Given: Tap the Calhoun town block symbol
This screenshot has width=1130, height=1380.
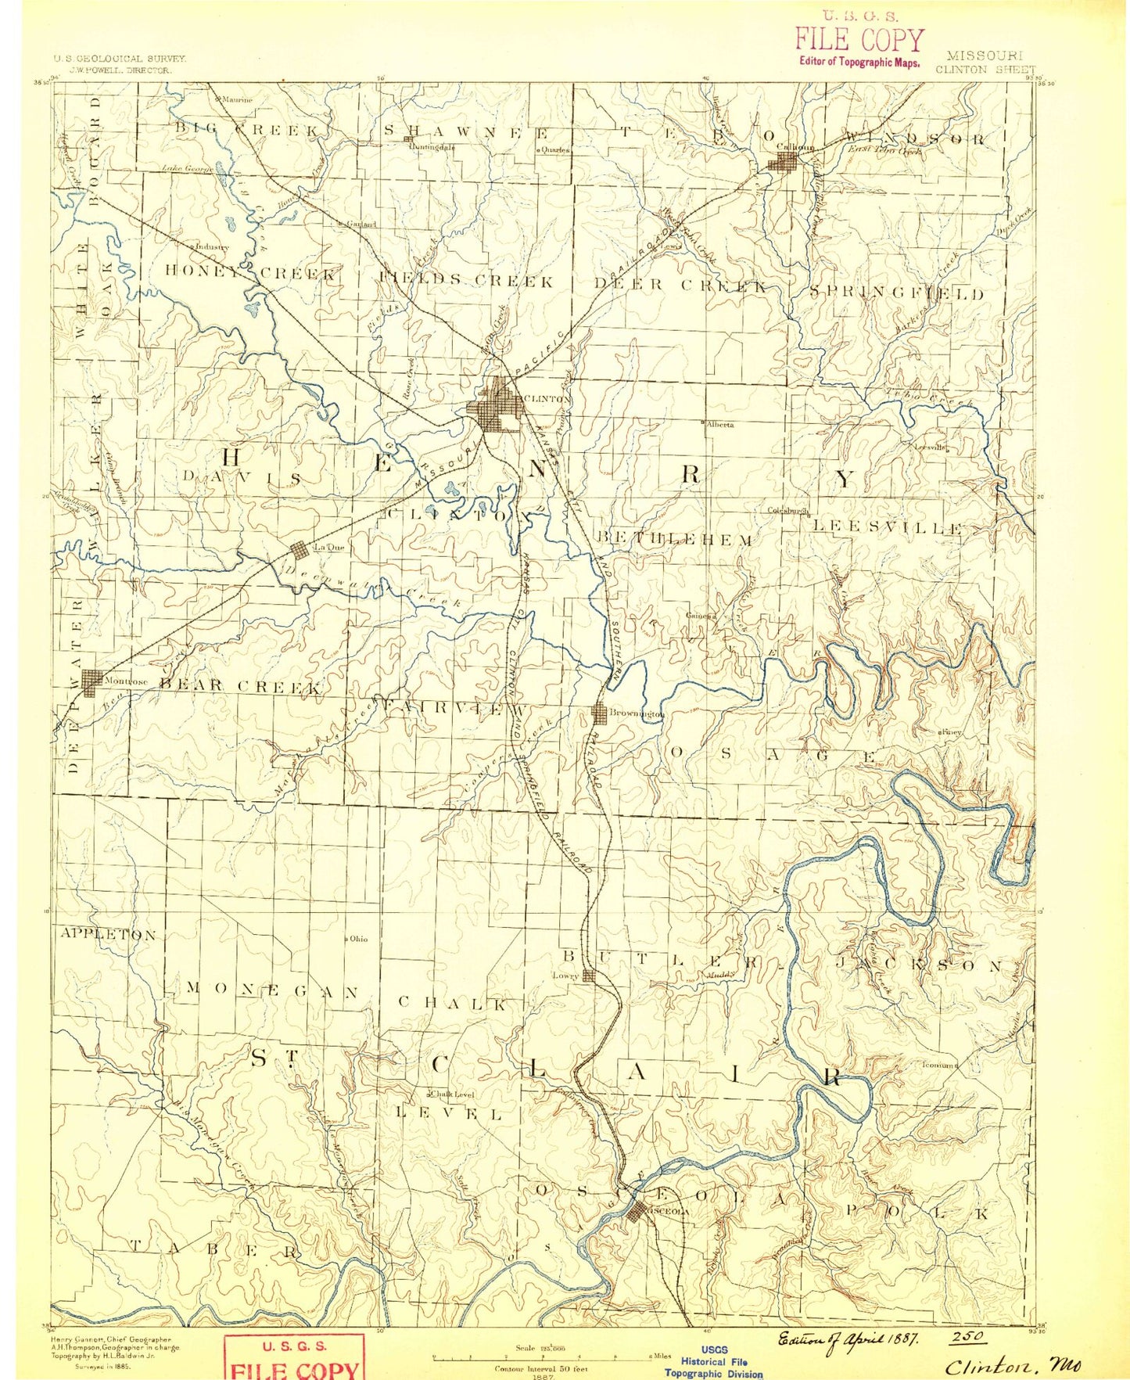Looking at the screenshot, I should (x=784, y=161).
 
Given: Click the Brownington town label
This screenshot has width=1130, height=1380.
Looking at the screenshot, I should (x=638, y=714).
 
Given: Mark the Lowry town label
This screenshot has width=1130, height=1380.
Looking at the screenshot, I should (x=565, y=976).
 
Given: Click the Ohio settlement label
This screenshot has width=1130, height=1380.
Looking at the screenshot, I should (x=358, y=938).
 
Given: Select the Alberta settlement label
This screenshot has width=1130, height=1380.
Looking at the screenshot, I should (x=719, y=424).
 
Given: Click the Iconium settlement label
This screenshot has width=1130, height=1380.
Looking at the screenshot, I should (x=939, y=1065).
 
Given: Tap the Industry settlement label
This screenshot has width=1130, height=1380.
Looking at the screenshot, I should (x=212, y=246).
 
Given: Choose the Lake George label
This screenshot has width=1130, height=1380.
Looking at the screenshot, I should (x=188, y=168).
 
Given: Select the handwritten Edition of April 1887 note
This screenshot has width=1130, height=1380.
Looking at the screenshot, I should (x=847, y=1339).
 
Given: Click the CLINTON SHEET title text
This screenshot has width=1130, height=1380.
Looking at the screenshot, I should (x=985, y=69).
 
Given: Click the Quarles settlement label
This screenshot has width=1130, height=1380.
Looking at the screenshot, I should (x=554, y=149).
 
